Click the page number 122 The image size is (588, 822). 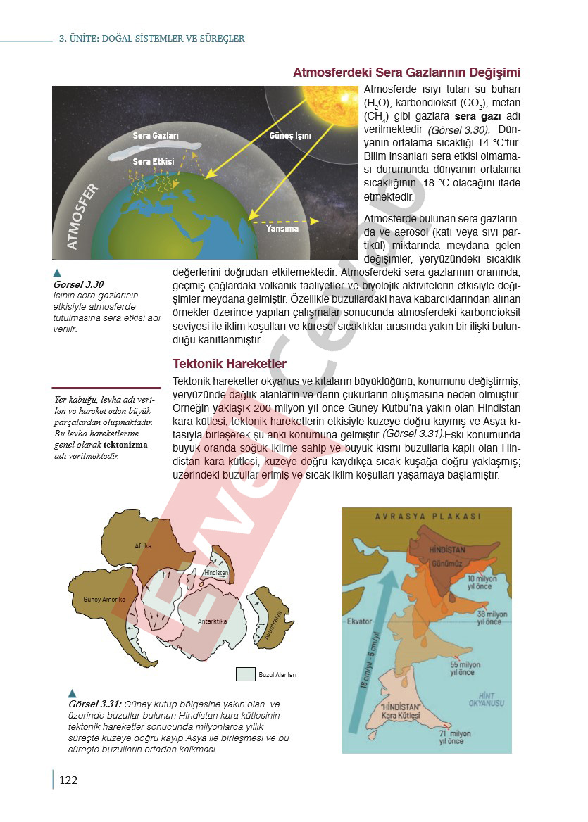(68, 779)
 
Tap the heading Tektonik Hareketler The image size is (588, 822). (230, 364)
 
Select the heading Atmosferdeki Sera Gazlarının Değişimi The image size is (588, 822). (406, 73)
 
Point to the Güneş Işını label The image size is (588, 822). (290, 135)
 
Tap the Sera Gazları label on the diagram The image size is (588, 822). (156, 135)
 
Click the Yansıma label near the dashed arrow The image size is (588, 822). (282, 229)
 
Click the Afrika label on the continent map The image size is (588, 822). (144, 546)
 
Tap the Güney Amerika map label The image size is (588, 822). (104, 600)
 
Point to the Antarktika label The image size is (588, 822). (212, 621)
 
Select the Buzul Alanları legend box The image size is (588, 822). (245, 674)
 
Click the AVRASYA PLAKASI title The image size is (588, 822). (427, 516)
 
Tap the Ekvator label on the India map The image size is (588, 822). (359, 621)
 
